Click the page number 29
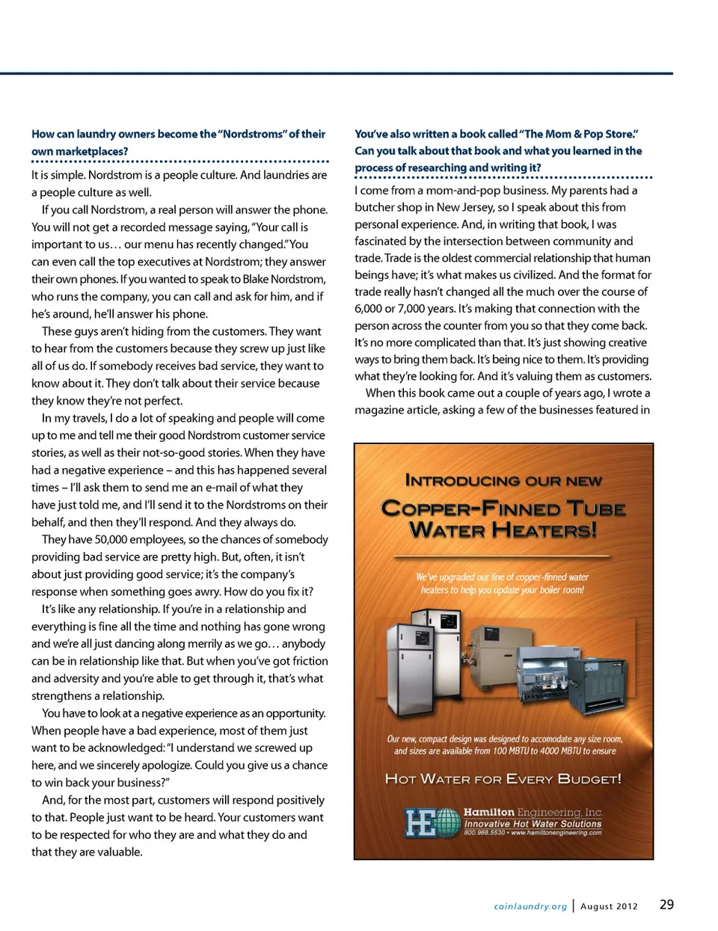point(666,904)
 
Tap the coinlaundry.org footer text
point(530,906)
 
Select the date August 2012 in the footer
point(609,906)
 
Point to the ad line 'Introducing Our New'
point(503,481)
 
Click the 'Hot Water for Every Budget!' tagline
point(503,779)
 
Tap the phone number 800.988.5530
point(484,832)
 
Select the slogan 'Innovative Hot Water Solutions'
point(533,823)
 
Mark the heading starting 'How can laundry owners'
point(178,142)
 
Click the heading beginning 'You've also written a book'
point(498,150)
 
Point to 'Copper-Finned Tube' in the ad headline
point(503,509)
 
